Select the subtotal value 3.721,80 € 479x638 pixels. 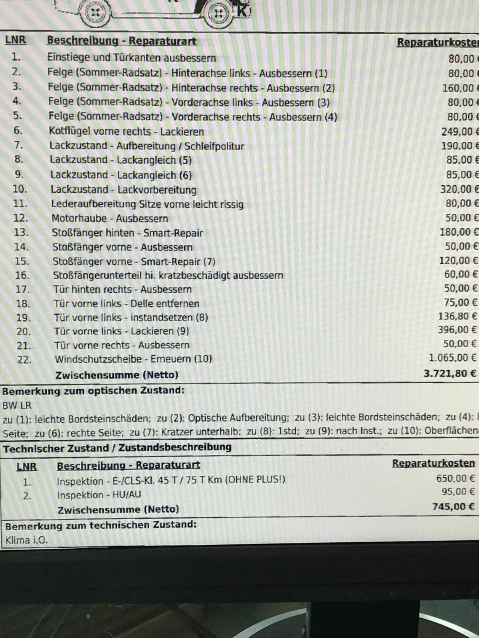(x=449, y=374)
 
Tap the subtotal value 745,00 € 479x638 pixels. (x=453, y=507)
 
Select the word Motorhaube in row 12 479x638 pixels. (x=79, y=219)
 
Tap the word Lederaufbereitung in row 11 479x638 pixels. (x=93, y=204)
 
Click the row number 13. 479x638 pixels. (x=21, y=232)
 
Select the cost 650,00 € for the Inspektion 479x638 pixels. (x=455, y=478)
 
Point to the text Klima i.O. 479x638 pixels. (x=26, y=541)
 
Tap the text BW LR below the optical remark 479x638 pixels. (x=16, y=406)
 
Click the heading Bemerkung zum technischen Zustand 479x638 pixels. (x=101, y=525)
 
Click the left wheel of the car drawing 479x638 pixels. (x=95, y=11)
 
